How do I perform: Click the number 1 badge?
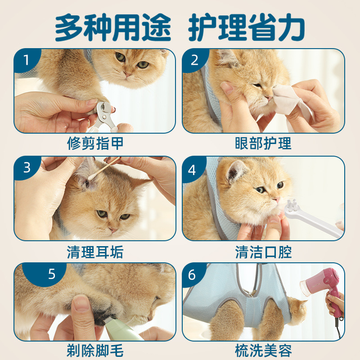(x=27, y=60)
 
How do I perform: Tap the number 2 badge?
(x=194, y=60)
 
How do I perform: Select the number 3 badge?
(x=27, y=167)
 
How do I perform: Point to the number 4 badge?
(x=192, y=170)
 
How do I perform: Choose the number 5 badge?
(x=52, y=274)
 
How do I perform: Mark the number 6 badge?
(x=192, y=275)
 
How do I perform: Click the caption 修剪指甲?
(x=95, y=144)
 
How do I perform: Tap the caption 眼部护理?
(x=263, y=144)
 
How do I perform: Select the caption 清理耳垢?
(x=95, y=252)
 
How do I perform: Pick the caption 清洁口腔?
(x=263, y=252)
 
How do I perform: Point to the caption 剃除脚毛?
(x=95, y=351)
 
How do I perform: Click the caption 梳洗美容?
(x=263, y=351)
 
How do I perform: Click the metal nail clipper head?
(x=104, y=111)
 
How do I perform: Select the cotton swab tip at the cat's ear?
(x=91, y=176)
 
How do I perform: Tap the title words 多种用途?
(x=113, y=27)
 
